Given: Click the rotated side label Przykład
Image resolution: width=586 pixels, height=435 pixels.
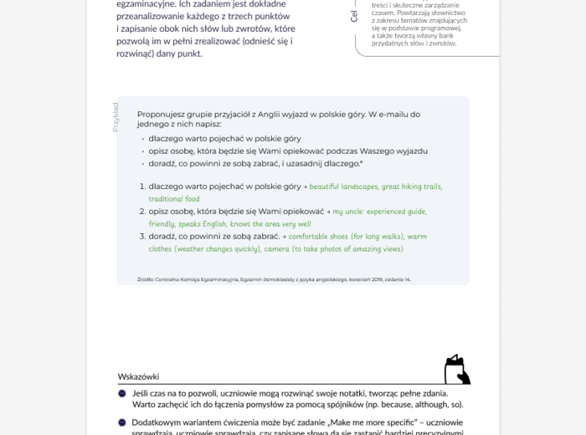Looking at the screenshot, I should pos(116,116).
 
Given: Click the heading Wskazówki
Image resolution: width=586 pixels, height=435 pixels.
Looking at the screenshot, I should pos(138,376).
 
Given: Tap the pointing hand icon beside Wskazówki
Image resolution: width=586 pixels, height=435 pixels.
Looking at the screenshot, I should pos(456,370).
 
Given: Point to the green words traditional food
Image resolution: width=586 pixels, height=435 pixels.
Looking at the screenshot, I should pos(174,199).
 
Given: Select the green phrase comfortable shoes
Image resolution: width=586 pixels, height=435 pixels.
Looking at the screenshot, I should pos(323,237).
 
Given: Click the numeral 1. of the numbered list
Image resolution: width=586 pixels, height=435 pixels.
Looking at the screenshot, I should pos(141,187).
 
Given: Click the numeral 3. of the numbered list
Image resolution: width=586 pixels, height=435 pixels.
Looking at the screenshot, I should pos(141,237).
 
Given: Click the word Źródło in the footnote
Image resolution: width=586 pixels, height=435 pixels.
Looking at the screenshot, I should pos(145,279).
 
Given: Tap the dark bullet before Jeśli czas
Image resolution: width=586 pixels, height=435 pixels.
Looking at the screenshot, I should pos(122,393).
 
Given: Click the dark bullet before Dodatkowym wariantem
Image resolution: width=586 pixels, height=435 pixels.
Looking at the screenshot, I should pos(122,422).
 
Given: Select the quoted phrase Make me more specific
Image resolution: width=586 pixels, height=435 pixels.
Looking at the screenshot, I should pos(383,422).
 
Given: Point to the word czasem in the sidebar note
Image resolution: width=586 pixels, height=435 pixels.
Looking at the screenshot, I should pos(384,13).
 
